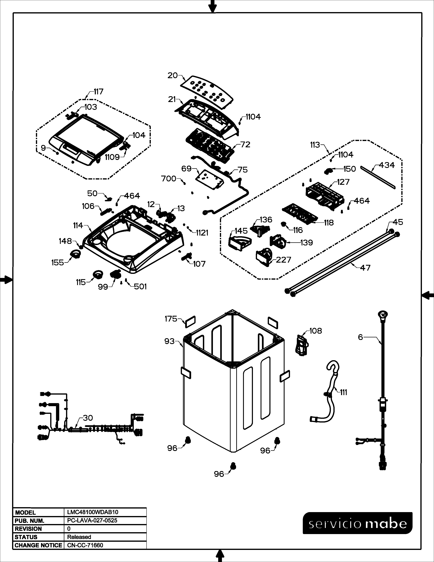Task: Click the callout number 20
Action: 173,75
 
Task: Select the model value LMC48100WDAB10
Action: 93,512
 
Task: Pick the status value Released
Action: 79,537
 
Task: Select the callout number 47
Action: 365,268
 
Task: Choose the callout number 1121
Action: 202,233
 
